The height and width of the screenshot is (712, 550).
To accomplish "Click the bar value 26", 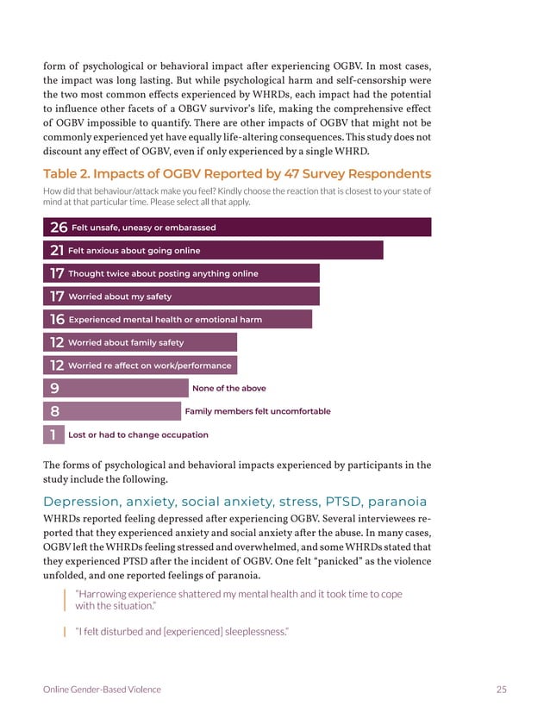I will coord(59,228).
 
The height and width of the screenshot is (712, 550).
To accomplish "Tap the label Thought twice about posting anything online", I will coord(163,274).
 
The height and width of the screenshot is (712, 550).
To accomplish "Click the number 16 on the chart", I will coord(58,320).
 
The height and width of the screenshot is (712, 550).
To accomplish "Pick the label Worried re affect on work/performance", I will coord(149,365).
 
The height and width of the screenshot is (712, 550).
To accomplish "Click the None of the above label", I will coord(228,389).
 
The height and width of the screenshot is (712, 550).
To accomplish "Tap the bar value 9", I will coord(54,389).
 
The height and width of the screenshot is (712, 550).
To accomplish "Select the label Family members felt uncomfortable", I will coord(257,412).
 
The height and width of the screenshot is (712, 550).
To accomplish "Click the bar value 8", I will coord(54,412).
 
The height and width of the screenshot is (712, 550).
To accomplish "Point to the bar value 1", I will coord(53,435).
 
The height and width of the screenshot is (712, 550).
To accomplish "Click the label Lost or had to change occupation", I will coord(138,435).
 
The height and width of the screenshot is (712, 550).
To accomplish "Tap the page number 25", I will coord(501,689).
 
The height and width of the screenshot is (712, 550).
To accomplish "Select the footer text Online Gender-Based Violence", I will coord(102,689).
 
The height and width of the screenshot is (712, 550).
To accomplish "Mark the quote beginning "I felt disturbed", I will coord(181,633).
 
